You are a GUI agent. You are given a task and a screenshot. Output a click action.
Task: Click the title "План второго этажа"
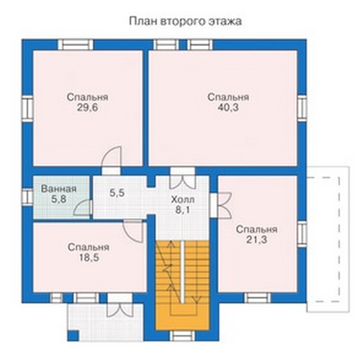185,22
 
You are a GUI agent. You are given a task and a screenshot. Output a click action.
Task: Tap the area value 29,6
87,108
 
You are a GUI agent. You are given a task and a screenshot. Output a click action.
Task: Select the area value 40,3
228,108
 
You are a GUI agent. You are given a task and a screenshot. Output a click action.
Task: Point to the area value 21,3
256,240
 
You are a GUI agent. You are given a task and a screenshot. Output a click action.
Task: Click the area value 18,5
89,258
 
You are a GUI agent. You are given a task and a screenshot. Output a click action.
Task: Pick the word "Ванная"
59,189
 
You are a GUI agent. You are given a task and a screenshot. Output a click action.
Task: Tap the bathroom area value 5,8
58,199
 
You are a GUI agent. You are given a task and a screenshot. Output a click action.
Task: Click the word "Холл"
183,199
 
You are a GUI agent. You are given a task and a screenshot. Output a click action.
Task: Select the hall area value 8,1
182,210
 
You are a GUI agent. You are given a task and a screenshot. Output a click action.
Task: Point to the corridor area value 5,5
117,193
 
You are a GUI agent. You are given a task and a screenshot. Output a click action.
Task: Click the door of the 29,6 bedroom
111,156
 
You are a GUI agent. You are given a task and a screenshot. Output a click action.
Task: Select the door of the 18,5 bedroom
133,231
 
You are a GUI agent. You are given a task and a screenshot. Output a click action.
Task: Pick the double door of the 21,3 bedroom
221,205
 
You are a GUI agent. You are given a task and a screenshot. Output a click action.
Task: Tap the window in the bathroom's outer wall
27,197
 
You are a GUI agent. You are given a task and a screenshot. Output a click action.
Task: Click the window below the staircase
183,336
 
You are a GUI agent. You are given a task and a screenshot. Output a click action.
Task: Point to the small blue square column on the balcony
73,336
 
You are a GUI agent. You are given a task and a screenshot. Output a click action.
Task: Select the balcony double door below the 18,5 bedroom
120,305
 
